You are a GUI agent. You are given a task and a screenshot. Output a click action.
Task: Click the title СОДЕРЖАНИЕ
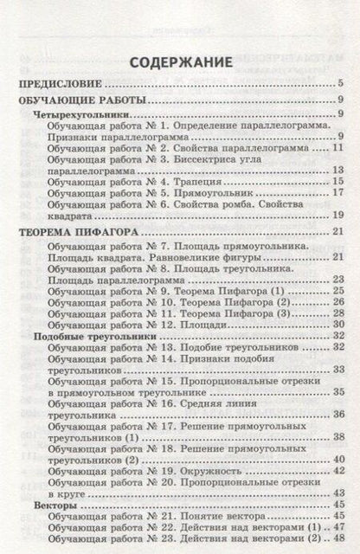point(180,62)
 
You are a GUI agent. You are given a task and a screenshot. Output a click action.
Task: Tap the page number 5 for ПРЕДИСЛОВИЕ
point(342,84)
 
